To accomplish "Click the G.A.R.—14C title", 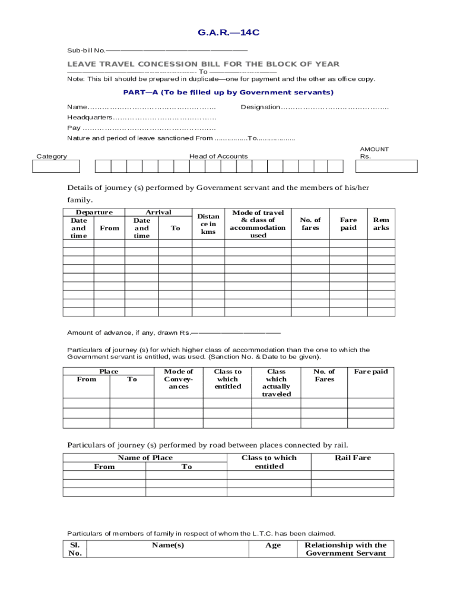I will [228, 33].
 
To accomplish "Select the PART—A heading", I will [228, 93].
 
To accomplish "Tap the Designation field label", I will [260, 107].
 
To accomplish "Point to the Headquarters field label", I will [89, 118].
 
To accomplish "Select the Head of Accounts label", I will [218, 156].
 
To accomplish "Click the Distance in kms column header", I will [208, 224].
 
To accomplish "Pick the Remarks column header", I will [381, 224].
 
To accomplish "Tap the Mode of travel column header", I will [258, 224].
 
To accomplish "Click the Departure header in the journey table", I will [94, 213].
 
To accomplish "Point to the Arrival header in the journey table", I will [158, 213].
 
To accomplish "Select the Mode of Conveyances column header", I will [178, 379].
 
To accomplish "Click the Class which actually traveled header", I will [276, 382].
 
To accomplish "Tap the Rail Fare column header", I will [353, 458].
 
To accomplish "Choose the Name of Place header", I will [145, 458].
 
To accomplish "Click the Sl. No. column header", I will [75, 549].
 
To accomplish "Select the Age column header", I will [273, 545].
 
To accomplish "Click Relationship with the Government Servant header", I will [345, 549].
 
